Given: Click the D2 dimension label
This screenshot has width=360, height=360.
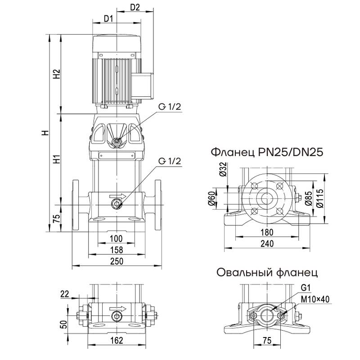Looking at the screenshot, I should click(x=135, y=8).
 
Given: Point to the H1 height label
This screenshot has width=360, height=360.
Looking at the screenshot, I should click(x=56, y=159).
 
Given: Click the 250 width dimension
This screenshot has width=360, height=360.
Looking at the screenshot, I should click(x=117, y=261).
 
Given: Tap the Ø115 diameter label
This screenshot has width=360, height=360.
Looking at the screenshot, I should click(x=320, y=197).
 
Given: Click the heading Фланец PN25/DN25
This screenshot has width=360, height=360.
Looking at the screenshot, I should click(x=267, y=152).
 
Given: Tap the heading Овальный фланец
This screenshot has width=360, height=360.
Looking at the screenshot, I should click(x=267, y=272).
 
